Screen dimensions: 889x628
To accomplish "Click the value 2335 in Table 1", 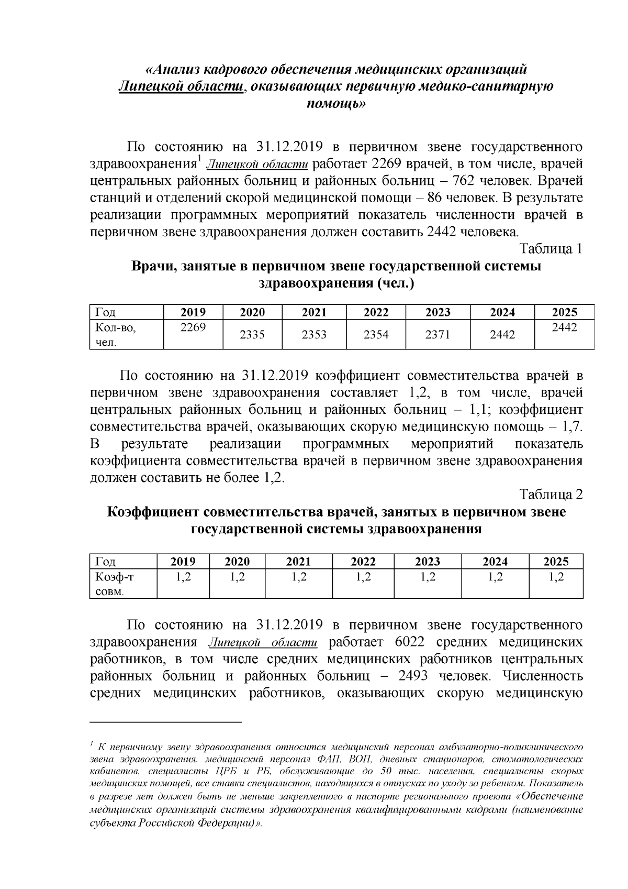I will click(252, 334).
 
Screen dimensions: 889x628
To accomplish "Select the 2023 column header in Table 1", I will click(438, 312).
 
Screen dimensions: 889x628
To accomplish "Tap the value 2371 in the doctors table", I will click(438, 334).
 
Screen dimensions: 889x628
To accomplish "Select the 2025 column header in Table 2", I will click(556, 562).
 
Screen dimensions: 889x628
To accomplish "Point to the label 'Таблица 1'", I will click(551, 249).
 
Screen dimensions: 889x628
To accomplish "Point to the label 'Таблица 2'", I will click(551, 494).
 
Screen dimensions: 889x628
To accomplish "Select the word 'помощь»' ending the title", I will click(335, 104).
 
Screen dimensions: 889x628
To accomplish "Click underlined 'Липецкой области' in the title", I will click(181, 86).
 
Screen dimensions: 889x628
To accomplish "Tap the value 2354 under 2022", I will click(376, 334).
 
